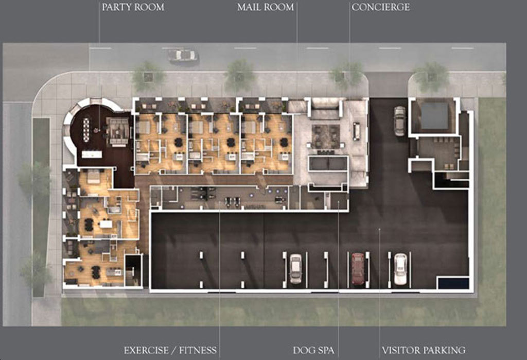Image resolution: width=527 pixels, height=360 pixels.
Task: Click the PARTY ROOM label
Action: point(133,7)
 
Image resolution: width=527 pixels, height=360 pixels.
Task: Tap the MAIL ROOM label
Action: point(266,7)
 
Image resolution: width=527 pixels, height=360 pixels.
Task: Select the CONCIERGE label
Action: point(381,7)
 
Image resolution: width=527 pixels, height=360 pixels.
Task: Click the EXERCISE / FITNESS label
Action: point(170,351)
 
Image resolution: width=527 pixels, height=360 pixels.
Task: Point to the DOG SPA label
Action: point(313,351)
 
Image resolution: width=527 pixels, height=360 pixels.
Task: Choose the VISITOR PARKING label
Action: point(424,351)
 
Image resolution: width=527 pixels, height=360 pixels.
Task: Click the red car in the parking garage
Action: point(358,268)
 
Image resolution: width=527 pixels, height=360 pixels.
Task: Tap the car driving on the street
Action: point(183,55)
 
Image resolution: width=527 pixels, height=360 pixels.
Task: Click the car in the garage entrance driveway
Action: point(399,121)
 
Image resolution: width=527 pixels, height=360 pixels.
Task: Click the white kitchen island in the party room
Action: point(92,155)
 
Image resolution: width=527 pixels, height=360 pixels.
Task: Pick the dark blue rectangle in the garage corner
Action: point(453,283)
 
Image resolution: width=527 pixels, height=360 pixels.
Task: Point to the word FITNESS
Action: point(198,351)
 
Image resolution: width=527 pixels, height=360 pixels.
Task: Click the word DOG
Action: point(304,351)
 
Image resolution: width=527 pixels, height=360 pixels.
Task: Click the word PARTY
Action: point(117,7)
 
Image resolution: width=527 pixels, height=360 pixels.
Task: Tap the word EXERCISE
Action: point(147,351)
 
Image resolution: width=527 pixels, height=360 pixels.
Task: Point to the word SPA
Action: point(326,351)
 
